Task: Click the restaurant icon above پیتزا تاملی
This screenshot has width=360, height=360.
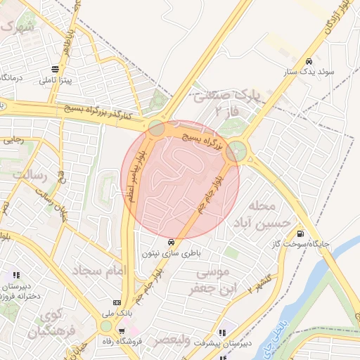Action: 54,69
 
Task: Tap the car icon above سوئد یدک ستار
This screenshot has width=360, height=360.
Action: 309,60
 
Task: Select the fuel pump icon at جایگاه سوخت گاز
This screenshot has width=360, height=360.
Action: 301,234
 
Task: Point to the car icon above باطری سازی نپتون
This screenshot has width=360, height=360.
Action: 172,241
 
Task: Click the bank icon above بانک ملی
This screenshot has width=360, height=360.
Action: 117,302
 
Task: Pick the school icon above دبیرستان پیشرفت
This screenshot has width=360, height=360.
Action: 223,333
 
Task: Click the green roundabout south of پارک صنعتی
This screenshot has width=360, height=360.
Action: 238,150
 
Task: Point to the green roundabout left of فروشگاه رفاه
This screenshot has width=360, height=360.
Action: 105,326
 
